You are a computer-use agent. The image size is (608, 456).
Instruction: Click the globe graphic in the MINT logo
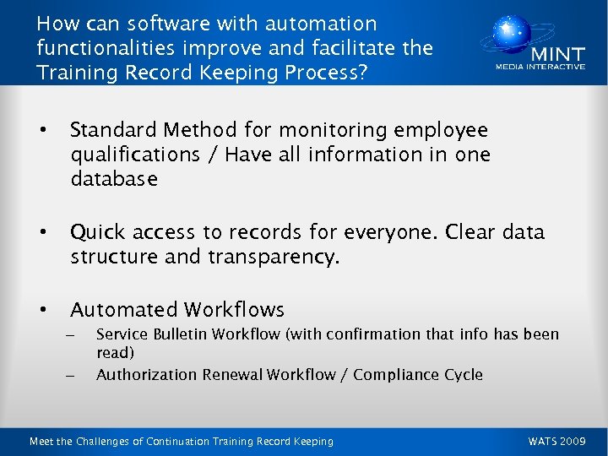(507, 35)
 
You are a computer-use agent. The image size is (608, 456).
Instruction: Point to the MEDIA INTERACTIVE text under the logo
(540, 67)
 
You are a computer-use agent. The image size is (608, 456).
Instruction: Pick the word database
(113, 179)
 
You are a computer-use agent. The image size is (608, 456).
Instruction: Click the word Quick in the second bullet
(97, 231)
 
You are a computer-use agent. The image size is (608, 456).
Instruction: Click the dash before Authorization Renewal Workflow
(69, 374)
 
